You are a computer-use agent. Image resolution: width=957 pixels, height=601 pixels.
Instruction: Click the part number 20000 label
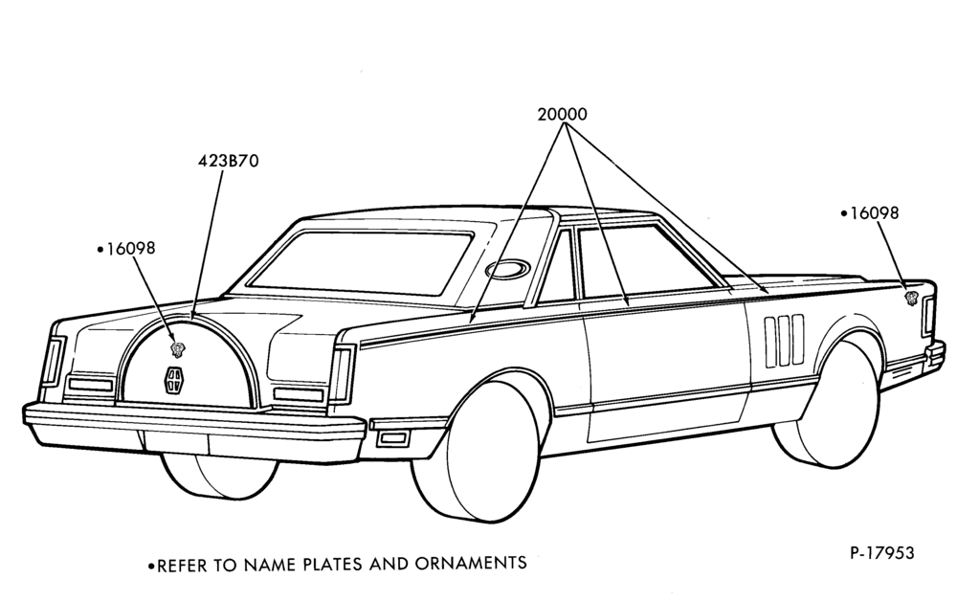point(562,114)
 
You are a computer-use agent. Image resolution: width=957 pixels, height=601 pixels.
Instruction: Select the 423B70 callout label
point(229,161)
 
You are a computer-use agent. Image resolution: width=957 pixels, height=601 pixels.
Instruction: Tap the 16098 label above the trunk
point(130,248)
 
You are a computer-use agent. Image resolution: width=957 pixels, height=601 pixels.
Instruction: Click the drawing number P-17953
point(882,553)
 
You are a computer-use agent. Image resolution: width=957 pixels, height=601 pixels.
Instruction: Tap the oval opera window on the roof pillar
point(508,268)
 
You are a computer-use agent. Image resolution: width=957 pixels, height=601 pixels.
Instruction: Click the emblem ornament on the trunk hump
point(178,349)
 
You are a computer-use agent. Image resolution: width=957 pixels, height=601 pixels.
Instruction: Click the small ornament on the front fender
point(911,298)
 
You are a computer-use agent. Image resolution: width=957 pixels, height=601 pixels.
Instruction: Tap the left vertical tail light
point(53,360)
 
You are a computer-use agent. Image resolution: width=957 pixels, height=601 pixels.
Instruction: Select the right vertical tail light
point(342,374)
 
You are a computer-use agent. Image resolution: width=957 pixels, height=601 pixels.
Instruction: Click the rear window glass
point(361,260)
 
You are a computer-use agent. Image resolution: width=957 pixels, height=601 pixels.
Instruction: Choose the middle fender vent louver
point(784,341)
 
